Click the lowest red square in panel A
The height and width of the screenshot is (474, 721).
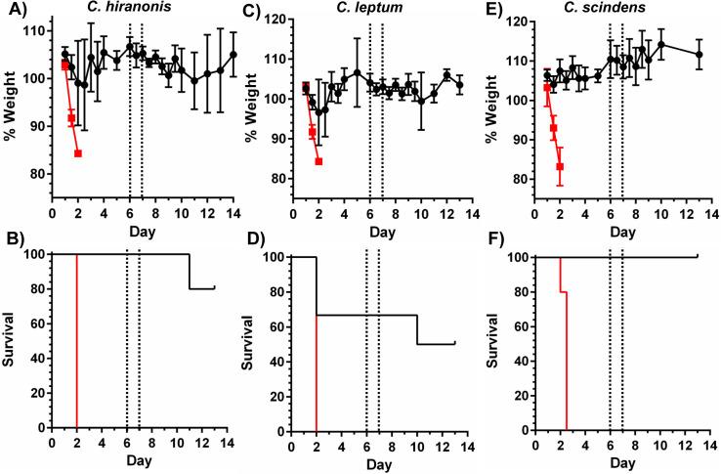click(x=78, y=153)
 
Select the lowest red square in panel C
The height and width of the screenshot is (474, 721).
click(x=318, y=161)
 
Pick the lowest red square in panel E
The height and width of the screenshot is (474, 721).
click(x=560, y=167)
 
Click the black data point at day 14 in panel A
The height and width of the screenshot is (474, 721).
click(x=233, y=55)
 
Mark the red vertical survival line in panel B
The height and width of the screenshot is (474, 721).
click(x=76, y=342)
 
